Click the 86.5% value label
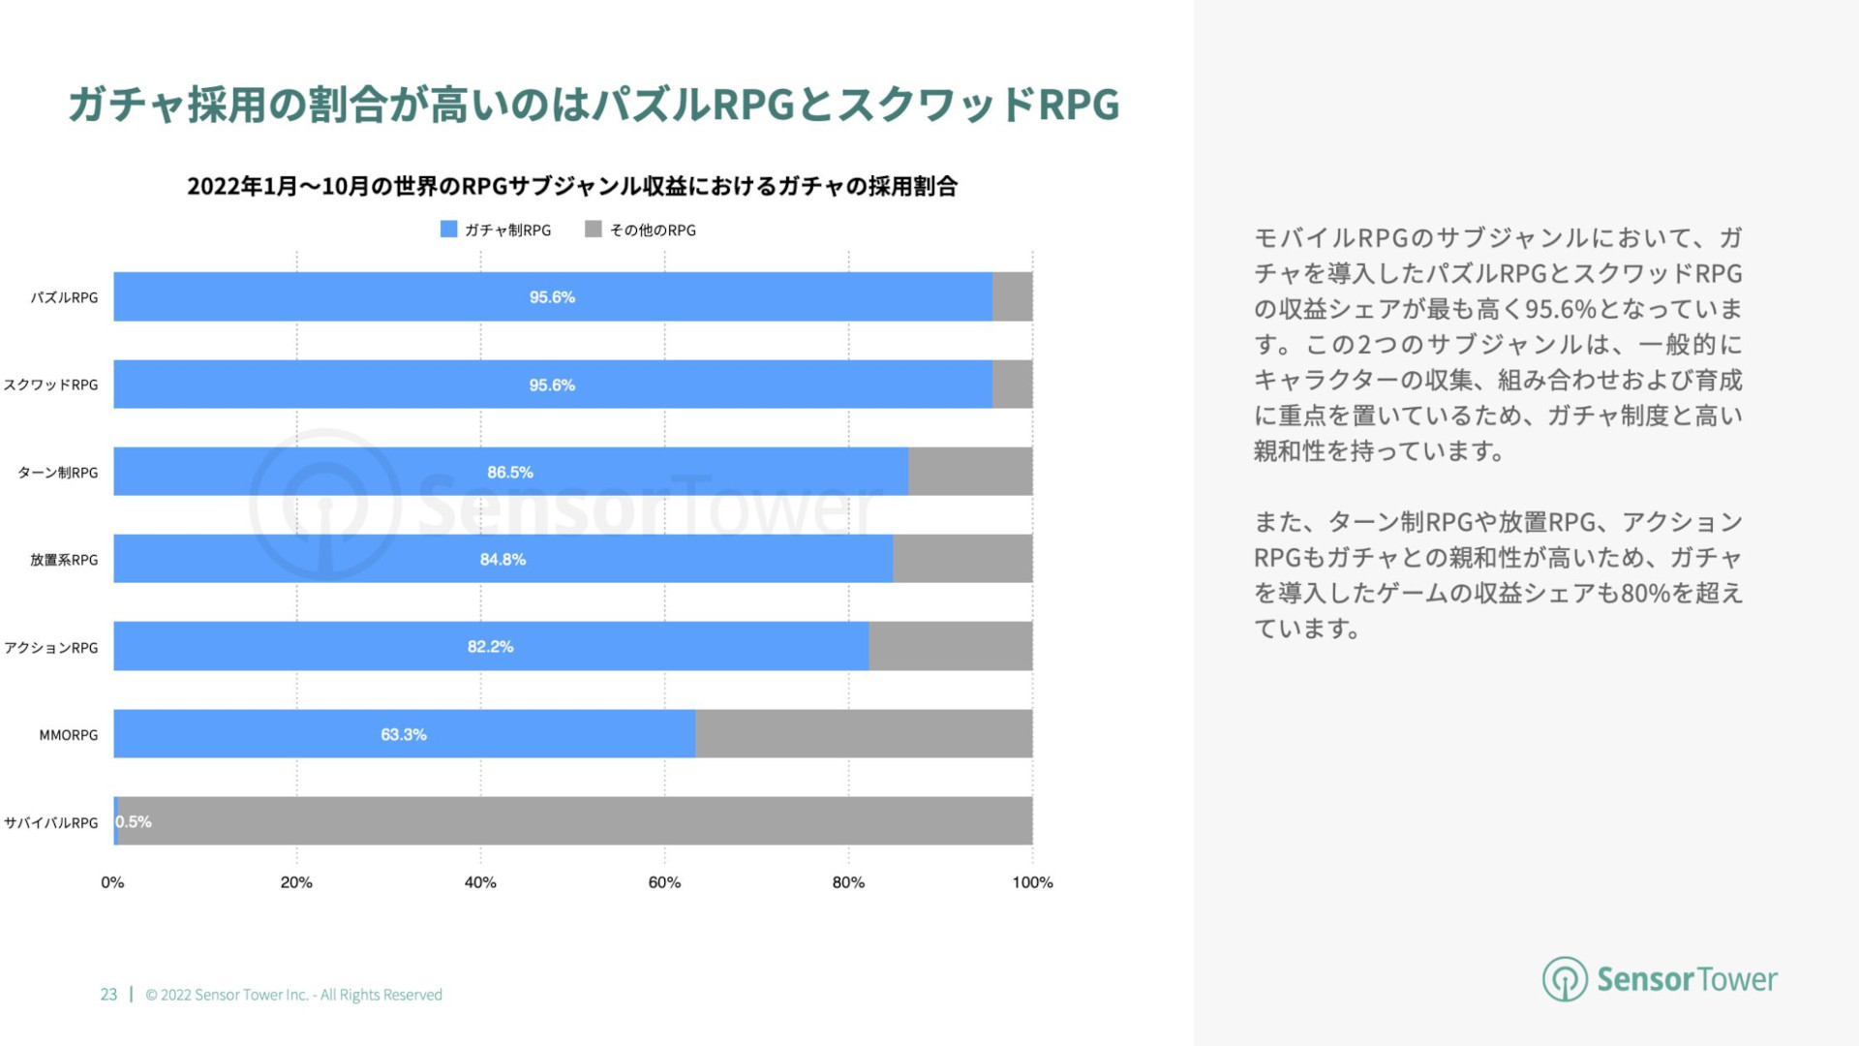click(510, 473)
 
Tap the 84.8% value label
click(503, 560)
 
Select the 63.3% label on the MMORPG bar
click(404, 735)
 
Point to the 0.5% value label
click(134, 822)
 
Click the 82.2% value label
click(490, 647)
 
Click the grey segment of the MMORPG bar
click(864, 734)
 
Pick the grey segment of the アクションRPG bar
click(950, 646)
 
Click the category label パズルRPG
click(64, 298)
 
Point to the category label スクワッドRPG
click(51, 385)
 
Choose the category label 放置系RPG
click(64, 560)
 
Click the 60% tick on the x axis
click(664, 882)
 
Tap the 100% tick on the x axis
click(1032, 882)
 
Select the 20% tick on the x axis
click(296, 882)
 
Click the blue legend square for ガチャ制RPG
click(448, 230)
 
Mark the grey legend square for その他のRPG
click(594, 230)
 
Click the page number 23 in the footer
click(108, 995)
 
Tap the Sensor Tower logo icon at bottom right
click(1565, 979)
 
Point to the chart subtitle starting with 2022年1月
click(572, 186)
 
